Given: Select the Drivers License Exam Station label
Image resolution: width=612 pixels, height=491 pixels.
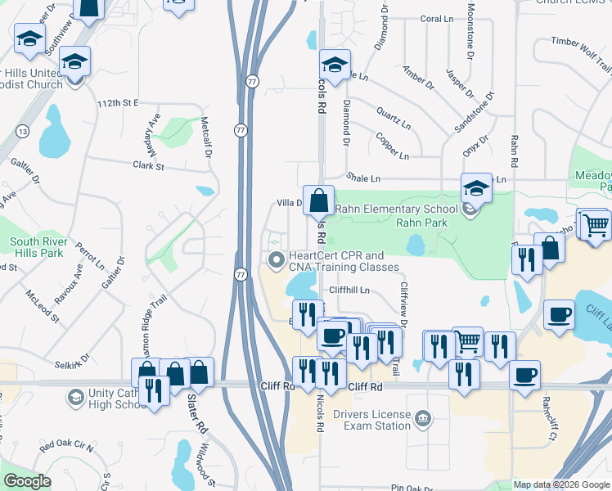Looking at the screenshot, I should coord(371,420).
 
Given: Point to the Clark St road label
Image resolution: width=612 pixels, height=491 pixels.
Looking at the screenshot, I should coord(149,166).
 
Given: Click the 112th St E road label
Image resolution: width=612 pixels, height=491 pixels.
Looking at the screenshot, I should coord(118,104).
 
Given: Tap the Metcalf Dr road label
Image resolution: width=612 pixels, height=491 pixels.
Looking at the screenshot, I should coord(206,133).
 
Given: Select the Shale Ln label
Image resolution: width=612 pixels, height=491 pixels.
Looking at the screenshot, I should coord(364,178).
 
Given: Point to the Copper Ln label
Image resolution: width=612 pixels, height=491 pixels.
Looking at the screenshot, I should coord(393,146).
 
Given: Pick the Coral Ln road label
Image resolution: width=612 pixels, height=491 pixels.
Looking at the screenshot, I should coord(436,19).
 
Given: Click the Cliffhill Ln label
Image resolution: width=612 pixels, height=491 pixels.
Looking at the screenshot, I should coord(350,290).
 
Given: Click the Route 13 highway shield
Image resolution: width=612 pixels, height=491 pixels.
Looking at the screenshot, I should coord(23,132).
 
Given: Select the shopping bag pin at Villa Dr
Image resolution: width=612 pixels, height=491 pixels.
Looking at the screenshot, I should coord(320,199).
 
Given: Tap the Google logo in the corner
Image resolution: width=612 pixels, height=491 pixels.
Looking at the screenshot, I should coord(28,481).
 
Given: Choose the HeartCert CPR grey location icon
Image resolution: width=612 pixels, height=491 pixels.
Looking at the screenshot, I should coord(276,261).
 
